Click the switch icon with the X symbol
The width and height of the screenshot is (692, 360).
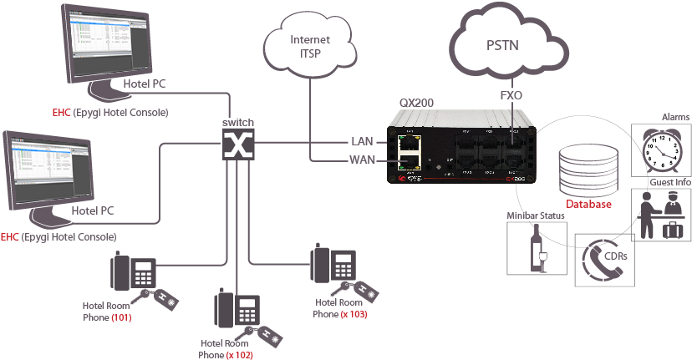[238, 145]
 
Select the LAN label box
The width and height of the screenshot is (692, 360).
[362, 141]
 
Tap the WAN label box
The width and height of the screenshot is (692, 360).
[362, 159]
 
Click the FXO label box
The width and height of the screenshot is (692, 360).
[511, 95]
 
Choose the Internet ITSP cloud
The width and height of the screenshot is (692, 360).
[308, 46]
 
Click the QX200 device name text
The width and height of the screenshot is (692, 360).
[416, 103]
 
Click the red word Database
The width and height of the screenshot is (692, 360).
[589, 205]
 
